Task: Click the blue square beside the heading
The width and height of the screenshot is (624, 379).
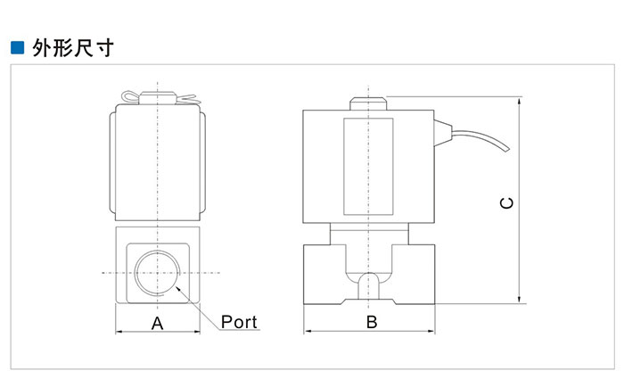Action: tap(15, 47)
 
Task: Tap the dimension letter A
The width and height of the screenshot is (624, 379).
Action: tap(157, 323)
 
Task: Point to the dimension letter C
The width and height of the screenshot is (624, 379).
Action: tap(505, 203)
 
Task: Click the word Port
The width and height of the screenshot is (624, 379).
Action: tap(239, 321)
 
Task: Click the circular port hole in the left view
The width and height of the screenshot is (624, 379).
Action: tap(157, 270)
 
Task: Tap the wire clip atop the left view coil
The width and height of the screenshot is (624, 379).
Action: tap(157, 95)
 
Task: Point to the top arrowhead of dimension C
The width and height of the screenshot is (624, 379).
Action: tap(519, 101)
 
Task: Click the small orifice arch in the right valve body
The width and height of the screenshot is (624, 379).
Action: tap(368, 284)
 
